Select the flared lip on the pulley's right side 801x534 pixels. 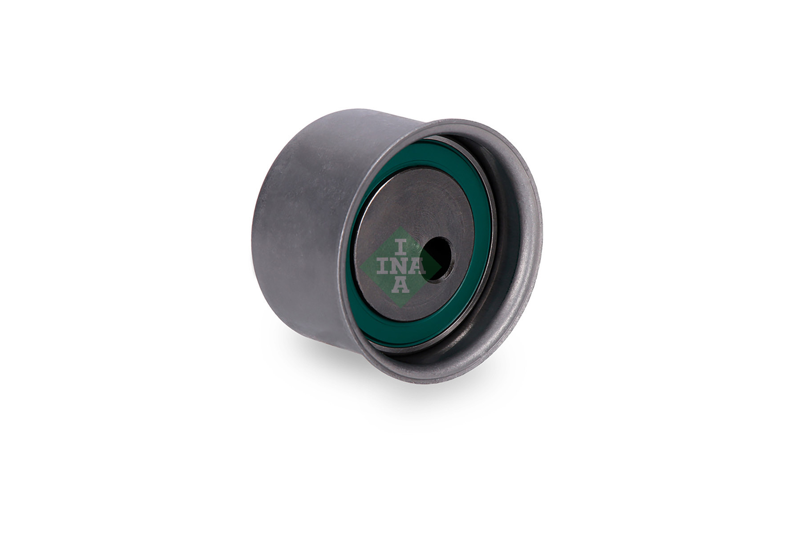click(x=534, y=231)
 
